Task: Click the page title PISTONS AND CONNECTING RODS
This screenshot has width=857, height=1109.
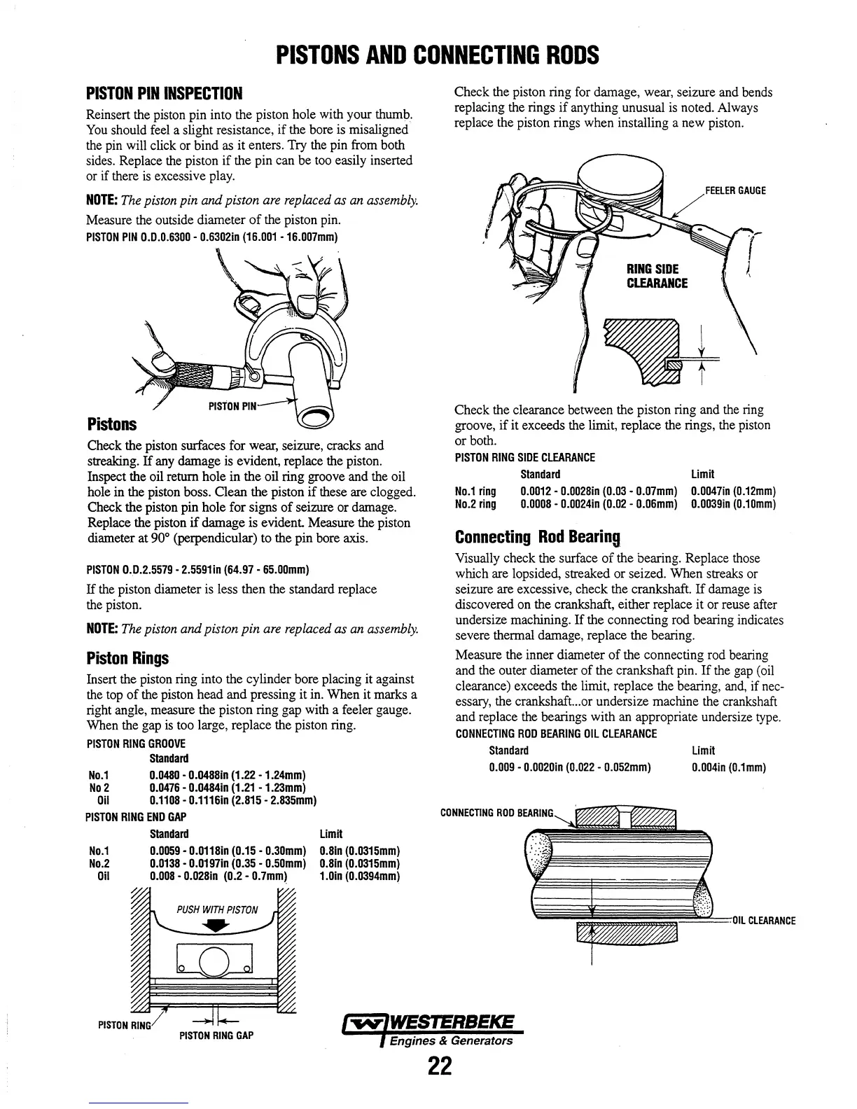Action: click(x=437, y=55)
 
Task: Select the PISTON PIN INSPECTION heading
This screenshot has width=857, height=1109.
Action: click(x=164, y=94)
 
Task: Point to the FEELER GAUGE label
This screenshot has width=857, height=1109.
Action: click(x=736, y=190)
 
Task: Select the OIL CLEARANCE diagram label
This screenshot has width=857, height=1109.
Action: click(x=763, y=921)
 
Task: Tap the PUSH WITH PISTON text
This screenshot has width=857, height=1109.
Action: click(x=217, y=910)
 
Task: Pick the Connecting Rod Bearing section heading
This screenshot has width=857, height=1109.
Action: click(x=538, y=537)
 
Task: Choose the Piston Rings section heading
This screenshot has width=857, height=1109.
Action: click(x=127, y=658)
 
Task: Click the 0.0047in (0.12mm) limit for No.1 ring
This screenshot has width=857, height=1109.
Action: click(x=733, y=492)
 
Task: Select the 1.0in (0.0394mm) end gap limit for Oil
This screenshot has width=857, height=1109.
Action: click(x=359, y=876)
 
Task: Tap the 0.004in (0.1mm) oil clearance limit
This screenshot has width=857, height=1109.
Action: click(x=729, y=767)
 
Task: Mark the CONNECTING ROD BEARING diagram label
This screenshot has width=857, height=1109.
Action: click(x=496, y=813)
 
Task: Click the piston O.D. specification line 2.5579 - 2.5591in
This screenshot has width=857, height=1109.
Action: click(x=198, y=568)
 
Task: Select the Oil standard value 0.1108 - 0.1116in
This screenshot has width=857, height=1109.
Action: click(x=234, y=800)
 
